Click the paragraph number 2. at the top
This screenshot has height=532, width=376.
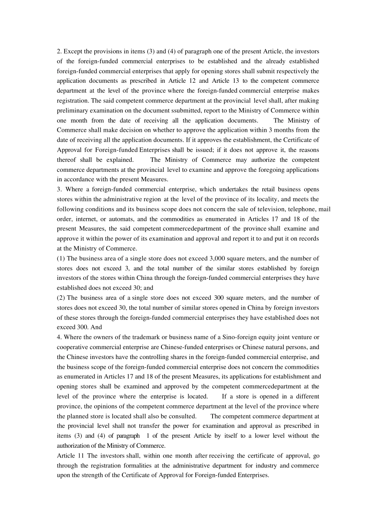[x=59, y=51]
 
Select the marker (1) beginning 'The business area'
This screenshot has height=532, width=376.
[x=61, y=258]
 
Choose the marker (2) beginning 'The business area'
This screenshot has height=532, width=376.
[x=61, y=298]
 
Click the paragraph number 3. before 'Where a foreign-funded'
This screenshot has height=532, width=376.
[x=59, y=190]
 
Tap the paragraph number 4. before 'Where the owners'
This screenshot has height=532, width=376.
[x=59, y=337]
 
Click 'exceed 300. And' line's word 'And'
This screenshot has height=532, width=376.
[x=96, y=327]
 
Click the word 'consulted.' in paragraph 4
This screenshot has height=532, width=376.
[x=182, y=416]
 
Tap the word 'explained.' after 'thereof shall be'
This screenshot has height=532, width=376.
[x=120, y=160]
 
